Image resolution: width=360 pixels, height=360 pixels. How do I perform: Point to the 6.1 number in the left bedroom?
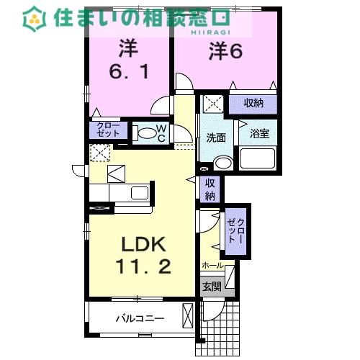128,72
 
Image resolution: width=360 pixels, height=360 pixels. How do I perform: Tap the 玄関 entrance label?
211,286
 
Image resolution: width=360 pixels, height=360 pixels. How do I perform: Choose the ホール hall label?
213,265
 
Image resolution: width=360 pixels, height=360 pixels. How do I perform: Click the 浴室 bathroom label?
259,134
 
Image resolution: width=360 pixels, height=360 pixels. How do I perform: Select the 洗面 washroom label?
217,138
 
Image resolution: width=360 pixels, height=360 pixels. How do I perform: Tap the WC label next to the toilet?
162,133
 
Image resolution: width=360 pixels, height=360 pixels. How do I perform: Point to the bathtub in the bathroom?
258,158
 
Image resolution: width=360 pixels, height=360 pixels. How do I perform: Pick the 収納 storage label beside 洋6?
253,103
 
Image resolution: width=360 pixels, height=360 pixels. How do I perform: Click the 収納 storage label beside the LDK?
210,189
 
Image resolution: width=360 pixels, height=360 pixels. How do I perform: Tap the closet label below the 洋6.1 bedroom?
108,130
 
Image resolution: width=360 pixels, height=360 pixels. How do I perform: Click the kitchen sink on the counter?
138,193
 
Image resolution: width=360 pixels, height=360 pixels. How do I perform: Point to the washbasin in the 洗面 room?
222,162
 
